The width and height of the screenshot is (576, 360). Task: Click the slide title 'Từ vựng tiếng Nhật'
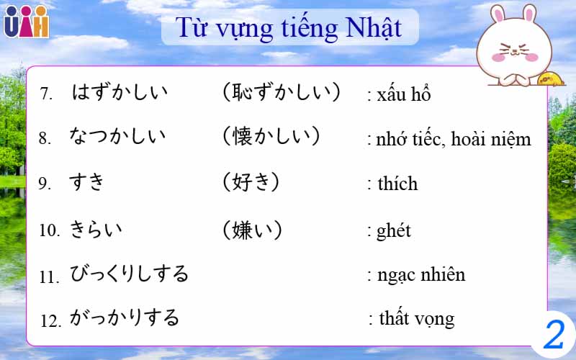[x=289, y=28]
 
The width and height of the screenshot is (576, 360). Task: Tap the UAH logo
[x=26, y=21]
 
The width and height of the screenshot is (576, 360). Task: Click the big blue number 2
[x=553, y=334]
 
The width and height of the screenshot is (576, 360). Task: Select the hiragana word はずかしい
[x=120, y=92]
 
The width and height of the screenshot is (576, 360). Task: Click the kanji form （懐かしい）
[x=271, y=136]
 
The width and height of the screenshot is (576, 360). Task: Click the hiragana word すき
[x=87, y=182]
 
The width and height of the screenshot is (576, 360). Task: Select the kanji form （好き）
[x=251, y=182]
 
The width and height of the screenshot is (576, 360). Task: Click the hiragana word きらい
[x=96, y=230]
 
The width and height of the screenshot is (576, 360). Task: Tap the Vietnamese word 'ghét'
[x=392, y=230]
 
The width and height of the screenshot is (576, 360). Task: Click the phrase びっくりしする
[x=129, y=274]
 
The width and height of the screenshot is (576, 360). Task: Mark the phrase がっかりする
[x=124, y=318]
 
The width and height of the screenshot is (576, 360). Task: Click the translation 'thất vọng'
[x=415, y=318]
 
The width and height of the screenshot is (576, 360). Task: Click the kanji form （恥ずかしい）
[x=281, y=92]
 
